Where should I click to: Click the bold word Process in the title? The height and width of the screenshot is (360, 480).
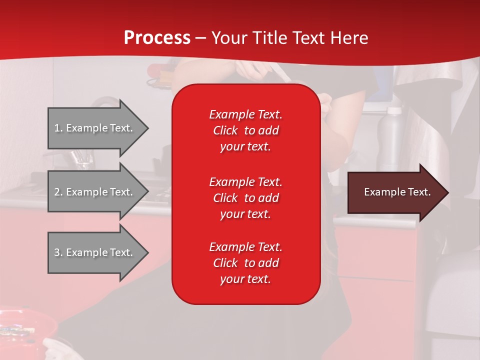tap(157, 38)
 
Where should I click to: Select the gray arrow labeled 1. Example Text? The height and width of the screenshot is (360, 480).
tap(95, 128)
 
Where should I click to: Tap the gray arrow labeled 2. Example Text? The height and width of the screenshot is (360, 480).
tap(95, 192)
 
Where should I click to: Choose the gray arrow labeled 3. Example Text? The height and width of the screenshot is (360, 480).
tap(95, 252)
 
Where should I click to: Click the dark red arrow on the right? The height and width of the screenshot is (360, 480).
tap(395, 192)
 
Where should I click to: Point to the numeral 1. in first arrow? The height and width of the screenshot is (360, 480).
tap(58, 128)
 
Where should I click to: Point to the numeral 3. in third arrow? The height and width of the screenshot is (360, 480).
tap(58, 252)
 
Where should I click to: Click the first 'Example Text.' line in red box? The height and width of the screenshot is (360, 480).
tap(245, 114)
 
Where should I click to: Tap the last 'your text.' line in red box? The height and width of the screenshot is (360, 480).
tap(245, 279)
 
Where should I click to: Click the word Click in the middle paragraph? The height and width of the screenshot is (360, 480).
tap(225, 198)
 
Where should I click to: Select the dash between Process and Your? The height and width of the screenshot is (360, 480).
tap(200, 38)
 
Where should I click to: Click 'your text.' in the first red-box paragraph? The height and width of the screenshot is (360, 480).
tap(245, 146)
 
